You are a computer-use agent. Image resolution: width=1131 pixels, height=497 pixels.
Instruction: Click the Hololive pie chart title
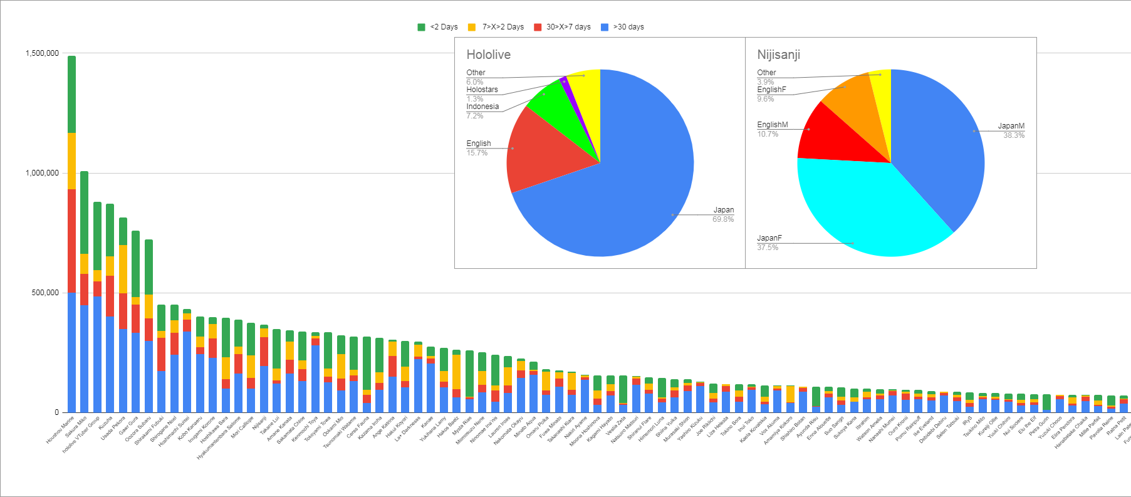(488, 55)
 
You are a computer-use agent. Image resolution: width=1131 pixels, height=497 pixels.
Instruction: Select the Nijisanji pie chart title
(778, 55)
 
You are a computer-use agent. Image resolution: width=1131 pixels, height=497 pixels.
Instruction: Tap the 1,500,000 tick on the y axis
(42, 53)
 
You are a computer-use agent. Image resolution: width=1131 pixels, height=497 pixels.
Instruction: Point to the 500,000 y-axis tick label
(45, 293)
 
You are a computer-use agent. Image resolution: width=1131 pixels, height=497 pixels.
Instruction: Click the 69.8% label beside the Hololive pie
(722, 219)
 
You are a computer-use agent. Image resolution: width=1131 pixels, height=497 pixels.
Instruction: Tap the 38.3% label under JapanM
(1013, 135)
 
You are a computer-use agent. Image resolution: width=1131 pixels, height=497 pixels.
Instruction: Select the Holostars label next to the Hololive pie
(482, 90)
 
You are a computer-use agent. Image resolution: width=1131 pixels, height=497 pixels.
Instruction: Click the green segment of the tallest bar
(71, 94)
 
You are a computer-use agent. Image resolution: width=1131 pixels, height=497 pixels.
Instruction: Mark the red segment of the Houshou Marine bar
(71, 241)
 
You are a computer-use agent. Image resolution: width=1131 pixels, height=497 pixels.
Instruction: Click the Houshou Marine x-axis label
(61, 429)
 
